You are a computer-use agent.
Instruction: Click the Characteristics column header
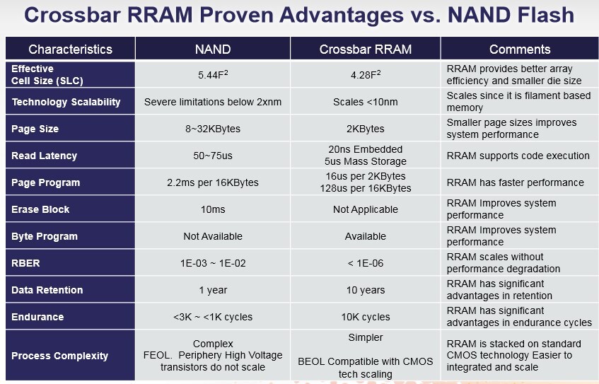pyautogui.click(x=70, y=49)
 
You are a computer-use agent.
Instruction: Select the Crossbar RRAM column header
pyautogui.click(x=365, y=49)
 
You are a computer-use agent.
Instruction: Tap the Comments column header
pyautogui.click(x=520, y=49)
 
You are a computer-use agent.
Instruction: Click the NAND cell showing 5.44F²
pyautogui.click(x=212, y=74)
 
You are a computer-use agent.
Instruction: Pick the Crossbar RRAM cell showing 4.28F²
pyautogui.click(x=365, y=74)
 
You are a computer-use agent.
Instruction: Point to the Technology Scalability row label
pyautogui.click(x=66, y=102)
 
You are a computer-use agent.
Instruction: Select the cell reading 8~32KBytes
pyautogui.click(x=212, y=129)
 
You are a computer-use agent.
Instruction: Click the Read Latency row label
pyautogui.click(x=44, y=156)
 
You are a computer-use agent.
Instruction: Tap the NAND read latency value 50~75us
pyautogui.click(x=212, y=156)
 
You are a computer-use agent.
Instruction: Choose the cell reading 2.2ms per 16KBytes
pyautogui.click(x=212, y=182)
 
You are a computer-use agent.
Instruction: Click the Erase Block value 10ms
pyautogui.click(x=212, y=209)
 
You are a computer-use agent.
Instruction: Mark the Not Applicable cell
pyautogui.click(x=365, y=209)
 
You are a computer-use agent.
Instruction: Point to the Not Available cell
pyautogui.click(x=212, y=236)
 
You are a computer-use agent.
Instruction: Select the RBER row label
pyautogui.click(x=25, y=263)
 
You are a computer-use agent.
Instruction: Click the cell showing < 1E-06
pyautogui.click(x=365, y=263)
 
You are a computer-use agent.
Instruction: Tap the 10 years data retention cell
pyautogui.click(x=365, y=290)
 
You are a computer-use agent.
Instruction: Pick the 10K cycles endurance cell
pyautogui.click(x=365, y=317)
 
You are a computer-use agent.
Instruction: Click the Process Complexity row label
pyautogui.click(x=59, y=356)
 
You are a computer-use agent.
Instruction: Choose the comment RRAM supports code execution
pyautogui.click(x=518, y=156)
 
